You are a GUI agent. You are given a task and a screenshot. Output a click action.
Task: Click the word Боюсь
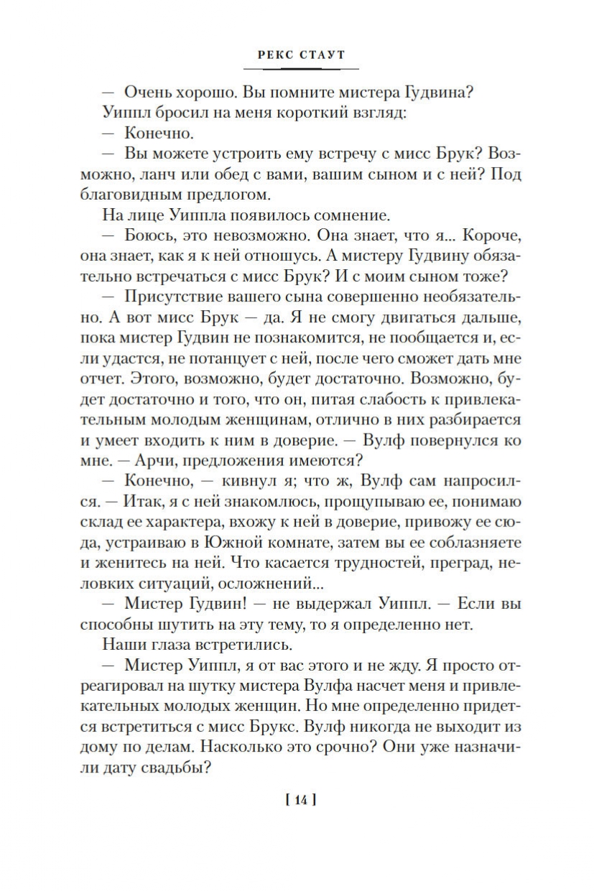point(149,235)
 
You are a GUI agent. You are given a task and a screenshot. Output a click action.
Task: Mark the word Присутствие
point(173,297)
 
